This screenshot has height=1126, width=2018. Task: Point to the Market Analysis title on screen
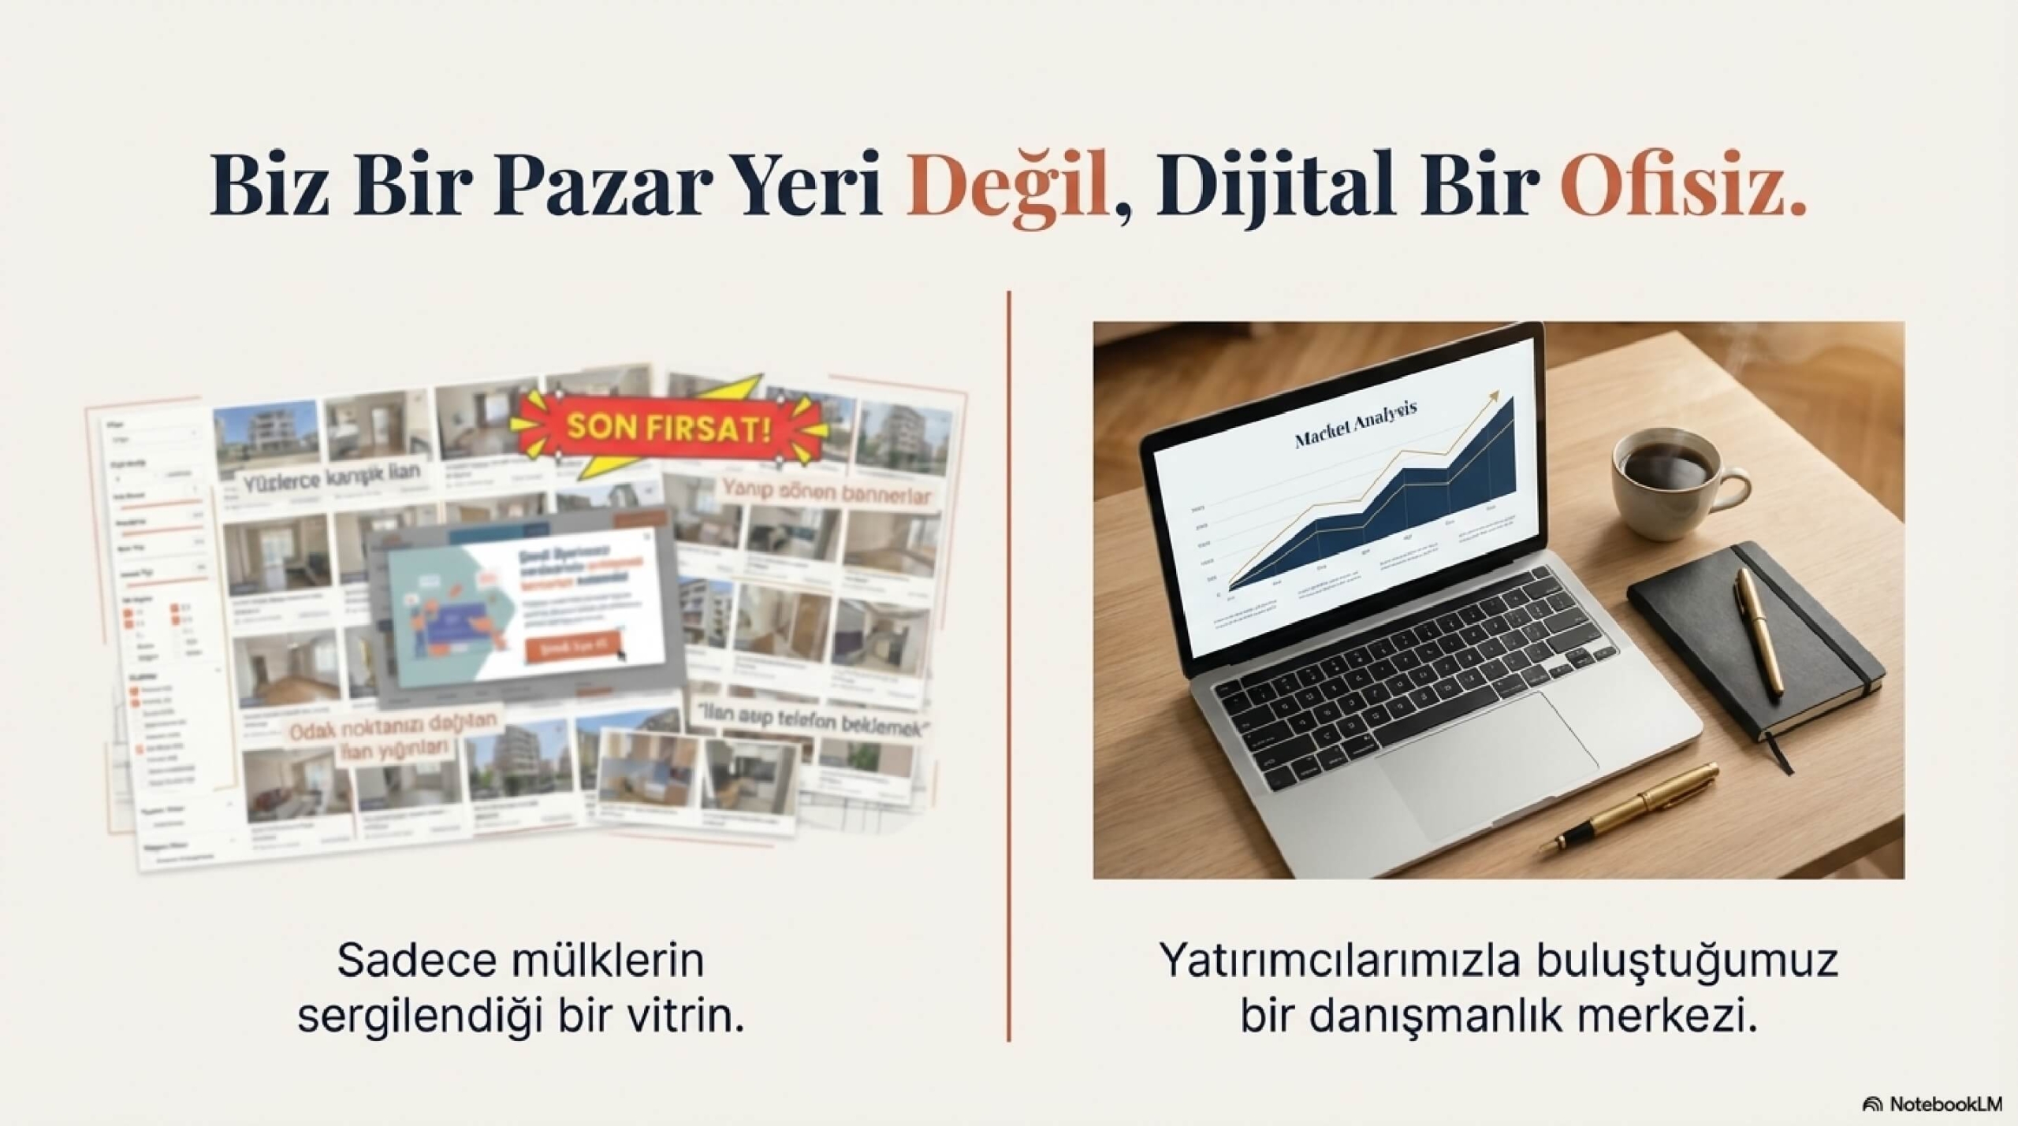1356,426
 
